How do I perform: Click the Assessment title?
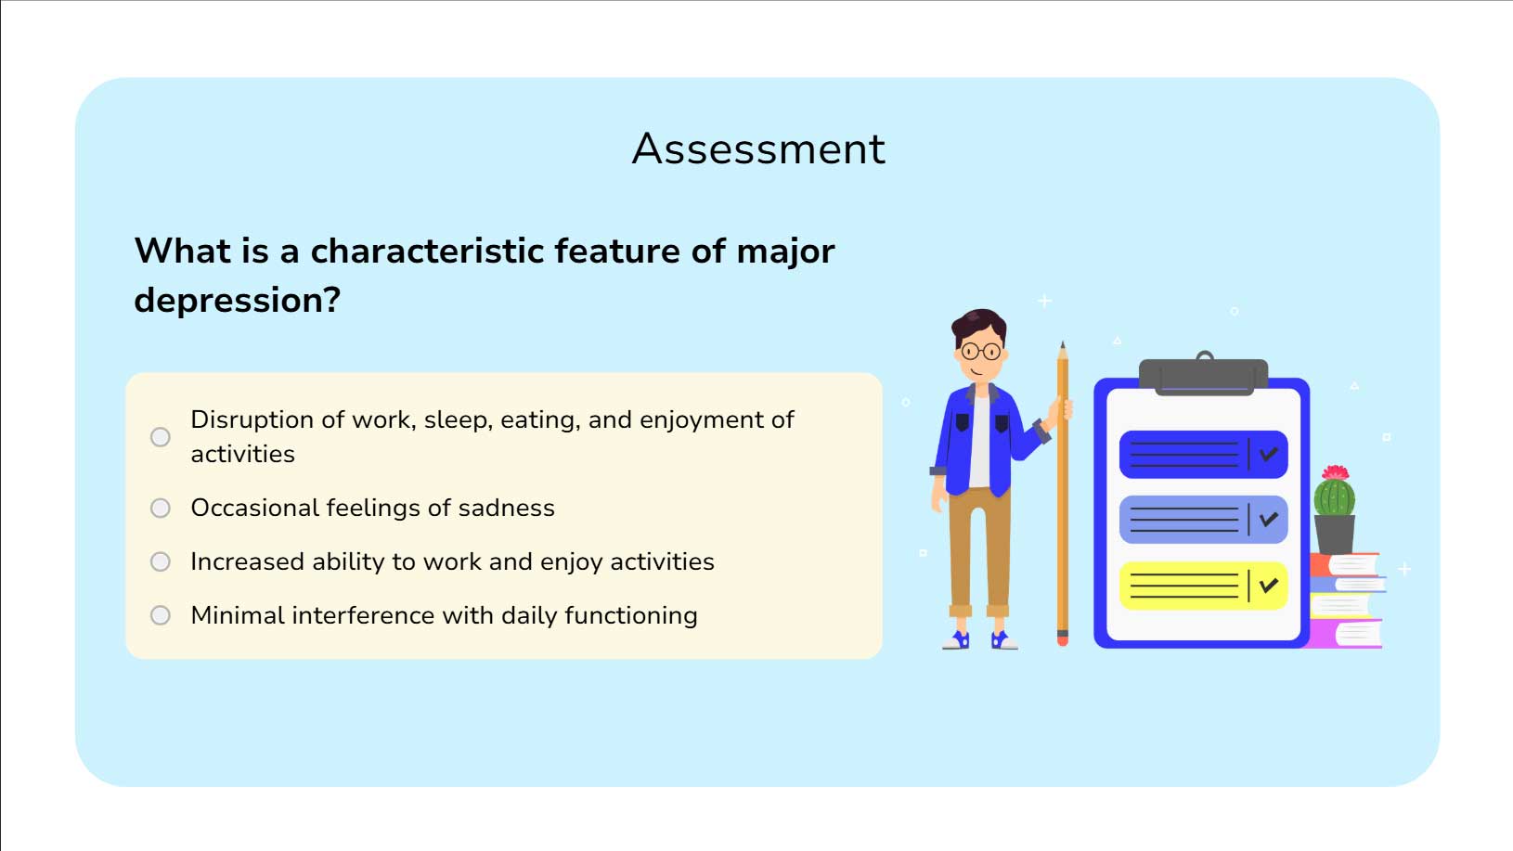tap(757, 148)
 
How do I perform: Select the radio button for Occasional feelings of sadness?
tap(160, 508)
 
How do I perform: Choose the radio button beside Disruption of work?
tap(160, 437)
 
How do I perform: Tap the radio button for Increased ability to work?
tap(160, 561)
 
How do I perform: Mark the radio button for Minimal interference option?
tap(160, 615)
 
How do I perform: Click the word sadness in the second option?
tap(507, 508)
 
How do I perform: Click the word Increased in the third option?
tap(247, 561)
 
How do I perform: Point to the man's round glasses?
tap(981, 351)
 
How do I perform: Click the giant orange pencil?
tap(1063, 493)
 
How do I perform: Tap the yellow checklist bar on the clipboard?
tap(1204, 586)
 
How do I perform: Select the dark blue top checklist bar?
tap(1204, 455)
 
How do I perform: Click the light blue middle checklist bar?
tap(1204, 520)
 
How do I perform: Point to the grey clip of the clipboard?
tap(1204, 376)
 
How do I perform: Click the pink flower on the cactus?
tap(1336, 472)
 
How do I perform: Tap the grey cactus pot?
tap(1335, 535)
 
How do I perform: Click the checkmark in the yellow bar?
tap(1269, 585)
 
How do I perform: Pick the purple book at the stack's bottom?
tap(1344, 634)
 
